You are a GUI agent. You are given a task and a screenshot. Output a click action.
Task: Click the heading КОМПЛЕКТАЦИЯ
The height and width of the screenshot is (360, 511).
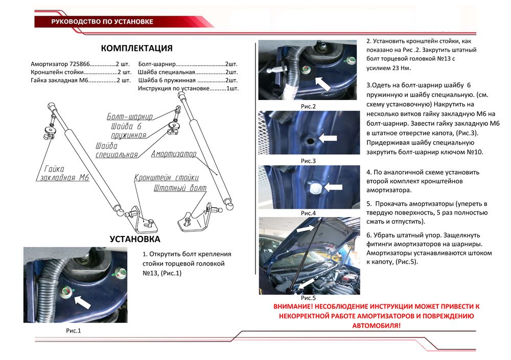tap(136, 49)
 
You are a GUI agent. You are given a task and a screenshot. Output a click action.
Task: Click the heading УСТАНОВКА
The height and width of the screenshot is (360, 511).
tap(135, 239)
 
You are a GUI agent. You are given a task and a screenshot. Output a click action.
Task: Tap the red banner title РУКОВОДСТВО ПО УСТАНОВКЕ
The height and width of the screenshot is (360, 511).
tap(102, 22)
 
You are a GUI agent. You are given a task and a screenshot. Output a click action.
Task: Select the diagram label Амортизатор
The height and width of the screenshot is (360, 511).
tap(174, 153)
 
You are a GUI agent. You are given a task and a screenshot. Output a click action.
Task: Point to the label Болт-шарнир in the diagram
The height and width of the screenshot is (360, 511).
tap(129, 116)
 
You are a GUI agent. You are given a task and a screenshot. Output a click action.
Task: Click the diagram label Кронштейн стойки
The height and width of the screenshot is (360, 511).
tap(166, 178)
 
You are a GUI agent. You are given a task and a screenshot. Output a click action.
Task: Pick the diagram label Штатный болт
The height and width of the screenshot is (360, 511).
tap(180, 188)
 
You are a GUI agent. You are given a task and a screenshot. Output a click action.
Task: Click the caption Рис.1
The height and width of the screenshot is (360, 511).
tap(74, 330)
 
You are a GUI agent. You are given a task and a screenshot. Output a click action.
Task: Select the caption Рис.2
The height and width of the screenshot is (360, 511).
tap(308, 106)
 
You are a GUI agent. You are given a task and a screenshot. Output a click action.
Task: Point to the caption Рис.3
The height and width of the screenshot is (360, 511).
tap(308, 160)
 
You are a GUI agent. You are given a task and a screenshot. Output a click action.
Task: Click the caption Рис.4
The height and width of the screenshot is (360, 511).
tap(308, 212)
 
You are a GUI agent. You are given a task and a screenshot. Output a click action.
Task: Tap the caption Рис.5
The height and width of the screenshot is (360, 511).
tap(308, 297)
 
